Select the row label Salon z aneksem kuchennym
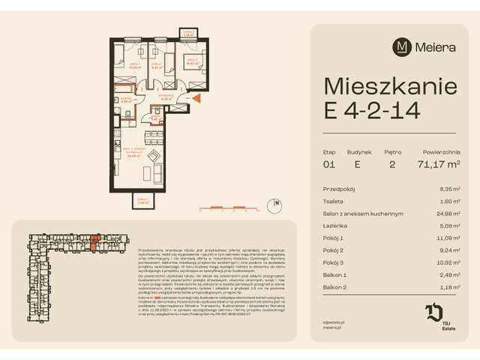363,214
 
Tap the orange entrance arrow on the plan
196,98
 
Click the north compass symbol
277,203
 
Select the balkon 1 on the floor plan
142,200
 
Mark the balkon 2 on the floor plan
189,34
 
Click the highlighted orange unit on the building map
94,241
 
